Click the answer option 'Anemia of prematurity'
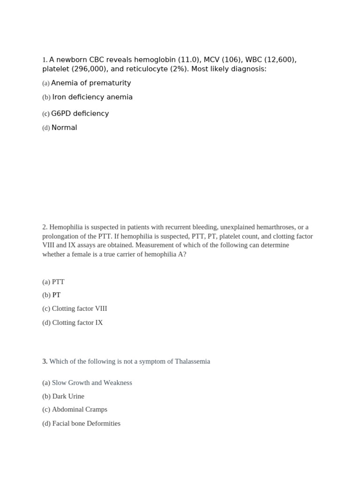pos(90,83)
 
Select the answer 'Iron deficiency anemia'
pos(92,97)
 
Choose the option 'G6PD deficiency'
pos(80,113)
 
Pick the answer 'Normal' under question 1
pos(64,127)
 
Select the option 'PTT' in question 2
pos(58,282)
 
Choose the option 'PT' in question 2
pos(56,295)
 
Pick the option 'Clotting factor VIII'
pos(79,308)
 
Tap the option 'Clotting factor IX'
pos(77,322)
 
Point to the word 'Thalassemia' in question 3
pos(192,361)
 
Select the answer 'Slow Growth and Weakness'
pos(92,382)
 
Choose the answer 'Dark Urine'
pos(68,396)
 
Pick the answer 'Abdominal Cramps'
pos(79,409)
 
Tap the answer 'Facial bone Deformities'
pos(86,423)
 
